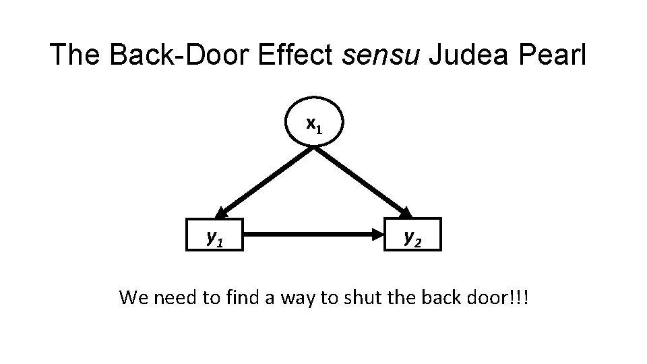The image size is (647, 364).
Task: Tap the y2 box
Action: [x=412, y=235]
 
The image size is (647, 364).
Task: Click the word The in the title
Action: [x=75, y=55]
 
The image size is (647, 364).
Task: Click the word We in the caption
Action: [x=133, y=297]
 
